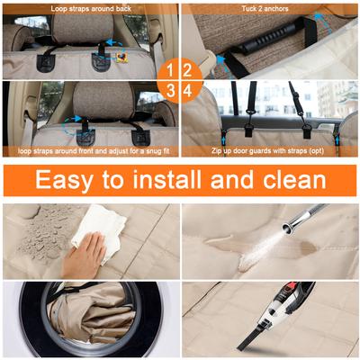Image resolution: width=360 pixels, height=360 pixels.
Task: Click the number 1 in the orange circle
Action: point(170,71)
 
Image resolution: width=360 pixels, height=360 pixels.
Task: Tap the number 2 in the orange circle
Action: point(187,71)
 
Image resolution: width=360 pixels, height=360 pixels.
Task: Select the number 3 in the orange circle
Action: point(170,91)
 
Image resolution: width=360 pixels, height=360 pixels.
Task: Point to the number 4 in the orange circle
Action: point(188,91)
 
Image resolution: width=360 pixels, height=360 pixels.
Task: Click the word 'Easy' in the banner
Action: point(64,180)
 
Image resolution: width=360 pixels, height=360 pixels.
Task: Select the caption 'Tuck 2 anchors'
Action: point(265,9)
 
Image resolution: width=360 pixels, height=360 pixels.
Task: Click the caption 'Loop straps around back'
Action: point(91,9)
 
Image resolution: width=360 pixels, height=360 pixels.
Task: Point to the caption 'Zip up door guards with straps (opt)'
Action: point(267,150)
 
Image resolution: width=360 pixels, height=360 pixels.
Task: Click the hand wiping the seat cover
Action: point(84,256)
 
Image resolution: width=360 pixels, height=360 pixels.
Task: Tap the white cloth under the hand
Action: point(99,232)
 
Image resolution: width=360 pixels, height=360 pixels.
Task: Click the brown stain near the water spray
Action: point(308,247)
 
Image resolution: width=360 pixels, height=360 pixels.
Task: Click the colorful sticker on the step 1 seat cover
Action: point(121,57)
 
